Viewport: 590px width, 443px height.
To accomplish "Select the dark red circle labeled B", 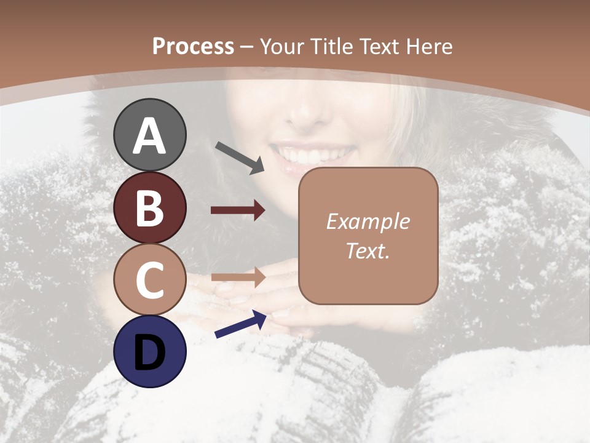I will [150, 208].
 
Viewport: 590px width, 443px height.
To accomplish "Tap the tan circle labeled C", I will [150, 280].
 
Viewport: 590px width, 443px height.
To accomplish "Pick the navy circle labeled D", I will [150, 352].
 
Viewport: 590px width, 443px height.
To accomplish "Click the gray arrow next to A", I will [240, 158].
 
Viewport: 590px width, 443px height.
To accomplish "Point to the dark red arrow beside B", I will [238, 210].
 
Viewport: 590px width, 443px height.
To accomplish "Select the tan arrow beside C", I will [238, 277].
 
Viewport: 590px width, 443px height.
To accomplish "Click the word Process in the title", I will [193, 47].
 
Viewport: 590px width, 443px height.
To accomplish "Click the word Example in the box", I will [368, 221].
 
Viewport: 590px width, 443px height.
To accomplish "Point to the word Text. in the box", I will [368, 251].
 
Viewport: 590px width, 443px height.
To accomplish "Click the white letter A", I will [150, 136].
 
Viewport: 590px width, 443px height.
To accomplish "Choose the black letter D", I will [150, 353].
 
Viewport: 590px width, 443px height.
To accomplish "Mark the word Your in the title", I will [283, 47].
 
